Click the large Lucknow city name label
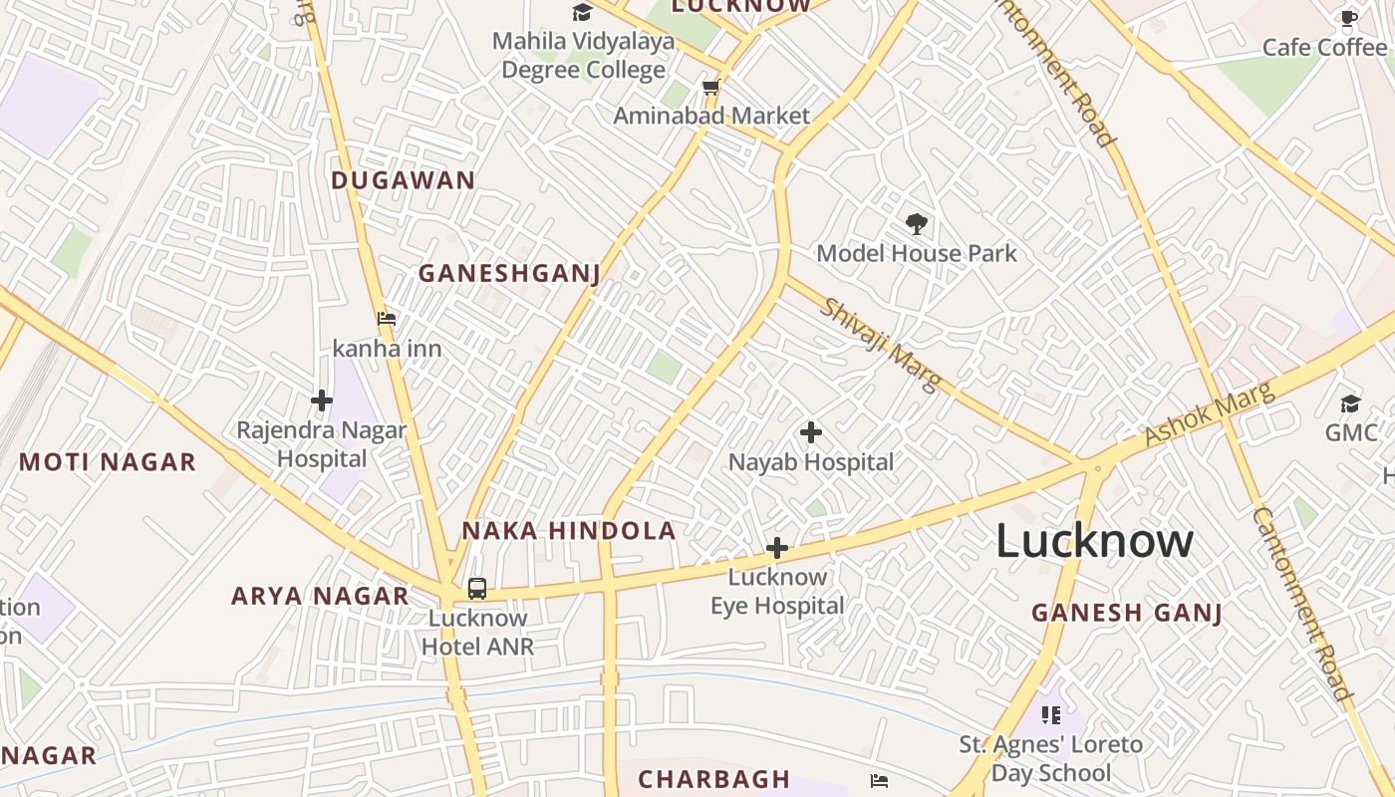[x=1094, y=541]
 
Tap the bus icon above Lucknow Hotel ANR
[x=477, y=589]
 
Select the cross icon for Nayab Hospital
[x=811, y=432]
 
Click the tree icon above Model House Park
[x=916, y=224]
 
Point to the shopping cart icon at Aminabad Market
[x=710, y=88]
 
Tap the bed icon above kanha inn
[x=387, y=319]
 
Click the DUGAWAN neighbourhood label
[x=403, y=180]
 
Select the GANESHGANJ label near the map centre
[x=508, y=273]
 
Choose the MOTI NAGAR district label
[x=108, y=462]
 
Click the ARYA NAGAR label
[x=320, y=596]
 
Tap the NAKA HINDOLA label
[x=568, y=531]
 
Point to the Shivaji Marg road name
[x=880, y=345]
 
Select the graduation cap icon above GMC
[x=1350, y=403]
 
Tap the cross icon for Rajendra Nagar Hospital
[x=321, y=400]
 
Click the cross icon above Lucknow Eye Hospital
[x=776, y=548]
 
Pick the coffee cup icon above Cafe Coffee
[x=1349, y=18]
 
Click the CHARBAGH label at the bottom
[x=713, y=779]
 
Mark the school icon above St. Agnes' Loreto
[x=1050, y=714]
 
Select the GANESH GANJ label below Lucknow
[x=1126, y=613]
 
